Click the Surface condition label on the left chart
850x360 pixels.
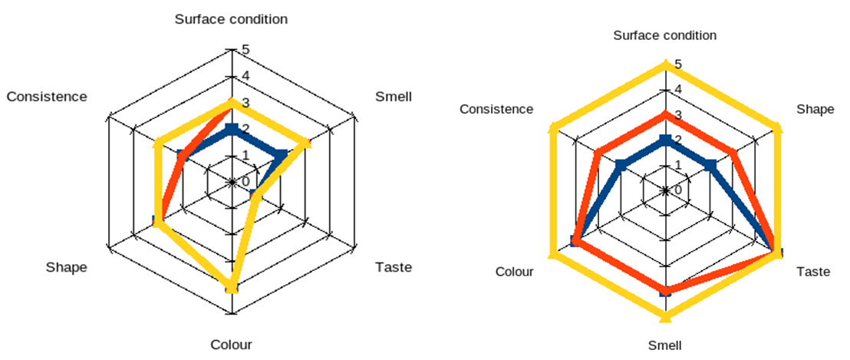pyautogui.click(x=231, y=19)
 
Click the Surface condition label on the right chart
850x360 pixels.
pyautogui.click(x=665, y=35)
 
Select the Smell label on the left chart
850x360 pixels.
pyautogui.click(x=394, y=97)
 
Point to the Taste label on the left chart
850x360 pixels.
pyautogui.click(x=394, y=267)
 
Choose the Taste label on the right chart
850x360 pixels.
pyautogui.click(x=813, y=271)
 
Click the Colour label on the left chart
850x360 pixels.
pyautogui.click(x=231, y=345)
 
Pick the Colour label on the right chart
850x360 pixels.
pyautogui.click(x=514, y=271)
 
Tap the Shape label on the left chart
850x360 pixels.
pyautogui.click(x=66, y=267)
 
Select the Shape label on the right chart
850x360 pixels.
pyautogui.click(x=815, y=109)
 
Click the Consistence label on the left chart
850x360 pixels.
pyautogui.click(x=47, y=97)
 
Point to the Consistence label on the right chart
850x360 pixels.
pyautogui.click(x=496, y=109)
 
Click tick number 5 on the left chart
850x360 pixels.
pyautogui.click(x=245, y=50)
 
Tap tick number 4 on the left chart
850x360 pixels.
pyautogui.click(x=245, y=76)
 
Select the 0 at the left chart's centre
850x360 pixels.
pyautogui.click(x=245, y=182)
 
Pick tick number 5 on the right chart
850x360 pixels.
pyautogui.click(x=678, y=64)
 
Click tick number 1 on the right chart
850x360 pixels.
pyautogui.click(x=678, y=165)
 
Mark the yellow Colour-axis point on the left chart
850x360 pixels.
pyautogui.click(x=231, y=287)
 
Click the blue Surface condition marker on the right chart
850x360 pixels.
pyautogui.click(x=665, y=140)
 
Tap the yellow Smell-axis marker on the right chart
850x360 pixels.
pyautogui.click(x=665, y=315)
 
